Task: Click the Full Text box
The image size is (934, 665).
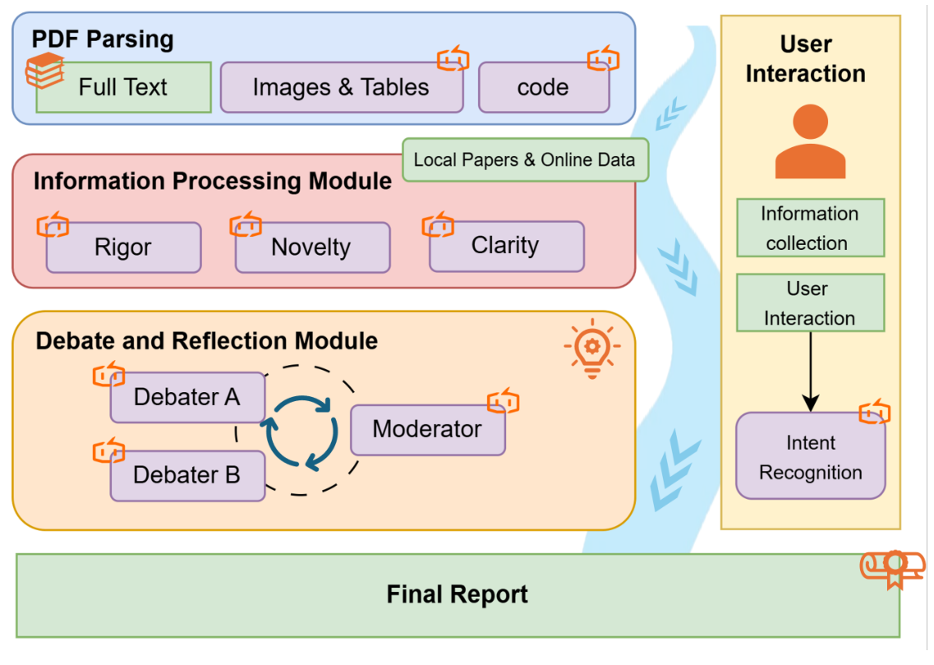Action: point(123,87)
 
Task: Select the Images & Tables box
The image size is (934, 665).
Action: point(341,87)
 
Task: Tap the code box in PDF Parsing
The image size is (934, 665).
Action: point(543,87)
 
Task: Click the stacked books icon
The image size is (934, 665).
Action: point(44,71)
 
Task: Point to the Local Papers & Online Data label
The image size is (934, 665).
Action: point(524,159)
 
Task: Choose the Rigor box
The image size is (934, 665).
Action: point(123,247)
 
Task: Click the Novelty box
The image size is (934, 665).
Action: point(312,247)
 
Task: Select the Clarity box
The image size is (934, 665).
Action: point(506,246)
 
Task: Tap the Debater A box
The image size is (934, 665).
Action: point(187,398)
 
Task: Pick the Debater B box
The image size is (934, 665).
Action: point(187,475)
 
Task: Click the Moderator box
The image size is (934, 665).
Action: point(427,429)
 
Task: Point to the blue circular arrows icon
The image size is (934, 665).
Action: point(301,432)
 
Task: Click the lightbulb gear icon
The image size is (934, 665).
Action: point(591,350)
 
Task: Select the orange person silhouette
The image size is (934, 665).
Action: point(809,144)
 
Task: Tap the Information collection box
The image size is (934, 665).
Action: point(809,228)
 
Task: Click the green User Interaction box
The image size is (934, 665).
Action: point(809,303)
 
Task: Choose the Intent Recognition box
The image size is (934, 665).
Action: point(810,457)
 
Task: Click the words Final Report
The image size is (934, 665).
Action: point(457,594)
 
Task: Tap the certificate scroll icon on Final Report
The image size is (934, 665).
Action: point(892,567)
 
